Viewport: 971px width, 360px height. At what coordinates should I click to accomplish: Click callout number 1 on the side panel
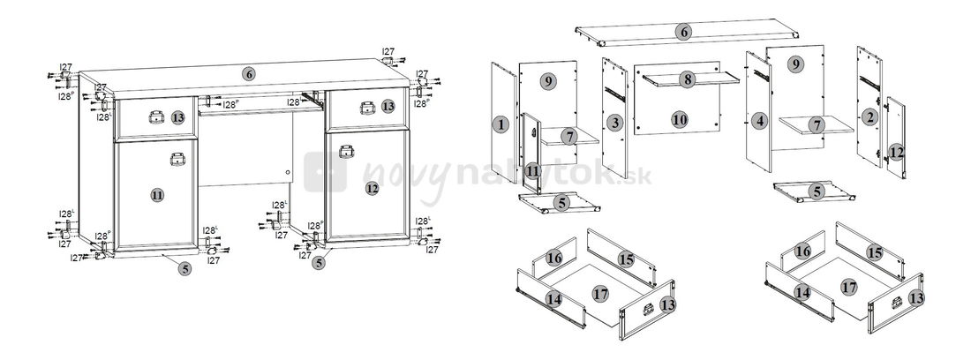click(501, 125)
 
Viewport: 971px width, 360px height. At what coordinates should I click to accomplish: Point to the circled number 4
click(761, 120)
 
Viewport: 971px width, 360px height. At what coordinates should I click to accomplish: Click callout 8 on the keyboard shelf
click(688, 79)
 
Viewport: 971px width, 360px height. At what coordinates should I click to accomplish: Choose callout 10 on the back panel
click(679, 118)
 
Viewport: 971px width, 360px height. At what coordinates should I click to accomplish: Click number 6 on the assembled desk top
click(250, 75)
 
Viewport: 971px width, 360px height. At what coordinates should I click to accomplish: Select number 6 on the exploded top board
click(683, 33)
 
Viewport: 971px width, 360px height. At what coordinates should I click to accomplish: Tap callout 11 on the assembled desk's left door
click(157, 196)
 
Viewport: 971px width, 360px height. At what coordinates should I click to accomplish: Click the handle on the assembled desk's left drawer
click(156, 115)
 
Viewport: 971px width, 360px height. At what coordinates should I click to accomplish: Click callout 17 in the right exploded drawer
click(848, 287)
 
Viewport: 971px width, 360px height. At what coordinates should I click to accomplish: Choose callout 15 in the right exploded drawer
click(874, 253)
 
